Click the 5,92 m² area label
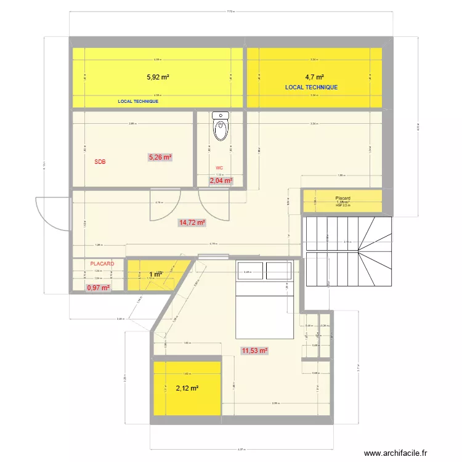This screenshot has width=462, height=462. pyautogui.click(x=158, y=78)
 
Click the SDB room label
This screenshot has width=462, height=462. pyautogui.click(x=100, y=163)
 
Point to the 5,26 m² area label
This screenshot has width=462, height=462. pyautogui.click(x=160, y=157)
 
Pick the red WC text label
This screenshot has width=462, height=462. pyautogui.click(x=219, y=168)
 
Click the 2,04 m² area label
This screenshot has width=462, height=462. pyautogui.click(x=221, y=180)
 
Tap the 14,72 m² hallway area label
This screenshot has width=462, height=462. pyautogui.click(x=192, y=222)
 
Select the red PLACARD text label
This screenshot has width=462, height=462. pyautogui.click(x=102, y=264)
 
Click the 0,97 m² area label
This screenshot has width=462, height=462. pyautogui.click(x=98, y=288)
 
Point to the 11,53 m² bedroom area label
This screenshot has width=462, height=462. pyautogui.click(x=255, y=351)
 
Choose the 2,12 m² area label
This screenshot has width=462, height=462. pyautogui.click(x=187, y=388)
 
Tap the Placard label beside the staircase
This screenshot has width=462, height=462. pyautogui.click(x=342, y=198)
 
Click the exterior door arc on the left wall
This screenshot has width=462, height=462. pyautogui.click(x=51, y=214)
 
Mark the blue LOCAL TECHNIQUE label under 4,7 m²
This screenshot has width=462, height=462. pyautogui.click(x=311, y=87)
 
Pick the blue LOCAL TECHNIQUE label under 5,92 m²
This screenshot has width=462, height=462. pyautogui.click(x=138, y=101)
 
